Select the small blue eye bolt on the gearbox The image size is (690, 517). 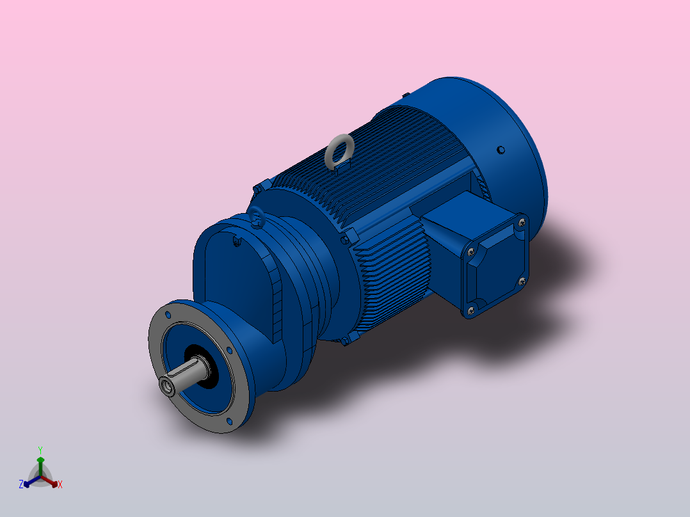[256, 217]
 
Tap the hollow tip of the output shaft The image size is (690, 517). [169, 385]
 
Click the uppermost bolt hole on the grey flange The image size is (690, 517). [168, 315]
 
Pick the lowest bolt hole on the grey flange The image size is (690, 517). [230, 422]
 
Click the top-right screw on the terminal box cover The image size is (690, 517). [522, 222]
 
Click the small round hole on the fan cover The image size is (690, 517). [501, 150]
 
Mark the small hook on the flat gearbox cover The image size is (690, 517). [237, 241]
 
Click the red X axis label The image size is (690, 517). [60, 484]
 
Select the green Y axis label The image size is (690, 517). [40, 450]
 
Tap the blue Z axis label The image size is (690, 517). [21, 484]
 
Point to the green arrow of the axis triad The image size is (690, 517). [40, 463]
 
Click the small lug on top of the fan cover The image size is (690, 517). [406, 96]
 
